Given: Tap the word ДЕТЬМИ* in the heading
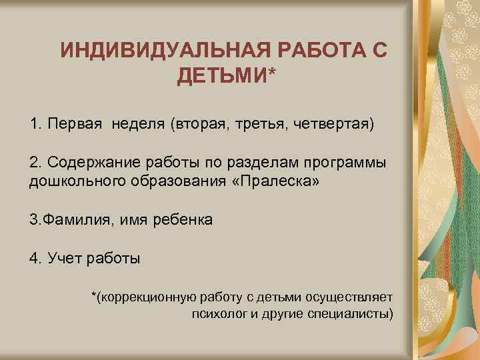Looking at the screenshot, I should click(x=225, y=77).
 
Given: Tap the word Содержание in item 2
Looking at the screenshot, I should click(x=89, y=164).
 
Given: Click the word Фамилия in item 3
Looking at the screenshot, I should click(x=73, y=219).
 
